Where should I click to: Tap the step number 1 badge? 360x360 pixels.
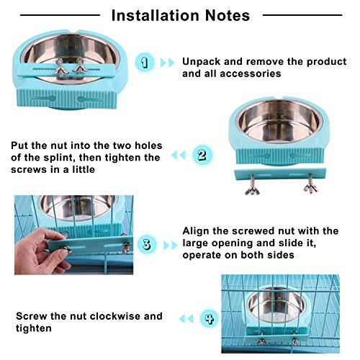[146, 63]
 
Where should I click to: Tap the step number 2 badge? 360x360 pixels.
[203, 154]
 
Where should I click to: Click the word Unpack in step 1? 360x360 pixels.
[202, 62]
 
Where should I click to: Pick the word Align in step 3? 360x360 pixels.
[197, 230]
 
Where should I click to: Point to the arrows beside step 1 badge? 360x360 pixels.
[167, 63]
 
